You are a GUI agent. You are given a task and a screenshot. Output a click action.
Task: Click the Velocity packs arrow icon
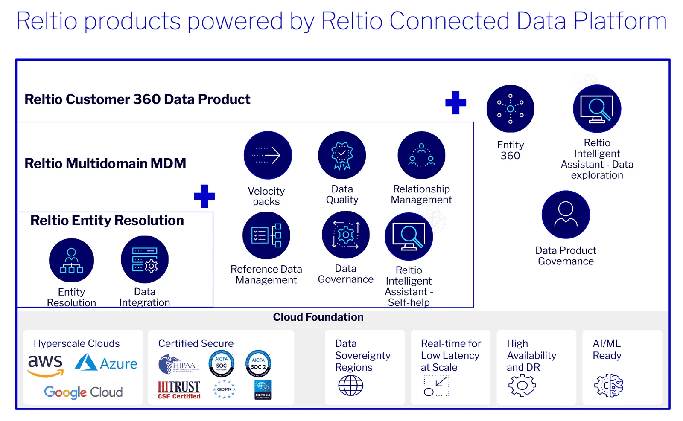pyautogui.click(x=268, y=155)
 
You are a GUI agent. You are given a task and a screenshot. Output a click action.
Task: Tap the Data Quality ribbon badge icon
pyautogui.click(x=342, y=155)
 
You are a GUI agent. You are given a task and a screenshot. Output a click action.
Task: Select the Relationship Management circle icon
pyautogui.click(x=421, y=155)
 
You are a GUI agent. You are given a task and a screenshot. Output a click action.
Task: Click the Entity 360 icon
pyautogui.click(x=510, y=109)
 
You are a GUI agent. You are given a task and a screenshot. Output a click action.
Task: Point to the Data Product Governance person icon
pyautogui.click(x=566, y=215)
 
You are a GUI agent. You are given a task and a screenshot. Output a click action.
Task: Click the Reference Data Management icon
pyautogui.click(x=266, y=235)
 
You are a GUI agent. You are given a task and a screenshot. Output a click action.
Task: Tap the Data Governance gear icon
pyautogui.click(x=346, y=235)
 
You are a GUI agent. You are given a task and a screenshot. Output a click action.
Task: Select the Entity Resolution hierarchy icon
pyautogui.click(x=71, y=260)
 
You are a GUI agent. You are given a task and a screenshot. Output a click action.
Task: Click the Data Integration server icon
pyautogui.click(x=145, y=259)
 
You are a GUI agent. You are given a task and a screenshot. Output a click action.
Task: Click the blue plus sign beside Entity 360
pyautogui.click(x=455, y=103)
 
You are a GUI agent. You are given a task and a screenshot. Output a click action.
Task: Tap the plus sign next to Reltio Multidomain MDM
pyautogui.click(x=204, y=196)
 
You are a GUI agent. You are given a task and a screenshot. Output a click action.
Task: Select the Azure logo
pyautogui.click(x=106, y=363)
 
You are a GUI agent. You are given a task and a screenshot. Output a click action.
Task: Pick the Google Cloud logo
pyautogui.click(x=83, y=392)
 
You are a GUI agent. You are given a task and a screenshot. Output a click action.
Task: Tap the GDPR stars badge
pyautogui.click(x=224, y=389)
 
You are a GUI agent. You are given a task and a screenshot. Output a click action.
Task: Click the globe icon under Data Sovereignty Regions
pyautogui.click(x=350, y=386)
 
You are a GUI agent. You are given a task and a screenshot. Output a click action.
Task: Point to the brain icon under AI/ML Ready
pyautogui.click(x=608, y=386)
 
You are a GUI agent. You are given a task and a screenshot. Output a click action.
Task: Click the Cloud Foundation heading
pyautogui.click(x=318, y=317)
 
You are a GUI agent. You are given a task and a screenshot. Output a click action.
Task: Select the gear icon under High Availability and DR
pyautogui.click(x=522, y=386)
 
